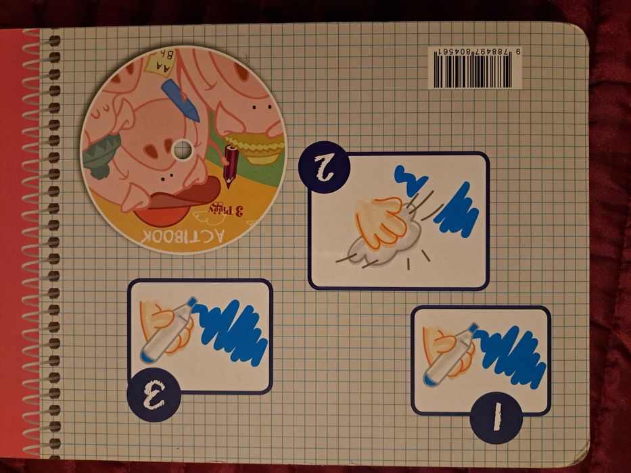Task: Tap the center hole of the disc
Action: coord(183,149)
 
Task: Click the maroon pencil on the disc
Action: coord(229,165)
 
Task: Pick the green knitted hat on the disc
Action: coord(101,153)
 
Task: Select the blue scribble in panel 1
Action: coord(511,352)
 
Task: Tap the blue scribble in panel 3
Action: coord(230,330)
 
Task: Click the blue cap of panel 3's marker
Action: coord(193,301)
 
